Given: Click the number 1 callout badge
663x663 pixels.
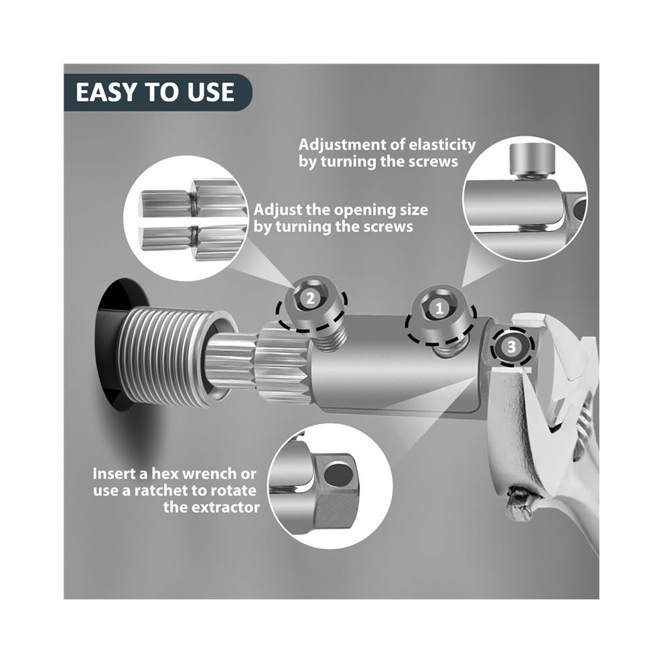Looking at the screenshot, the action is point(439,308).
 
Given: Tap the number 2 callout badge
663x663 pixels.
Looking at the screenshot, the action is point(310,299).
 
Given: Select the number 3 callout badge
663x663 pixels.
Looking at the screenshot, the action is point(512,347).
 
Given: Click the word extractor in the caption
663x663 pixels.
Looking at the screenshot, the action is point(229,507).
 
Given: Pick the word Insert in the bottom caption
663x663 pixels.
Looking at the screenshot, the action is point(113,473).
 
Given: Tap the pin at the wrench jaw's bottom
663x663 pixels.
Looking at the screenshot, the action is point(519,502).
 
